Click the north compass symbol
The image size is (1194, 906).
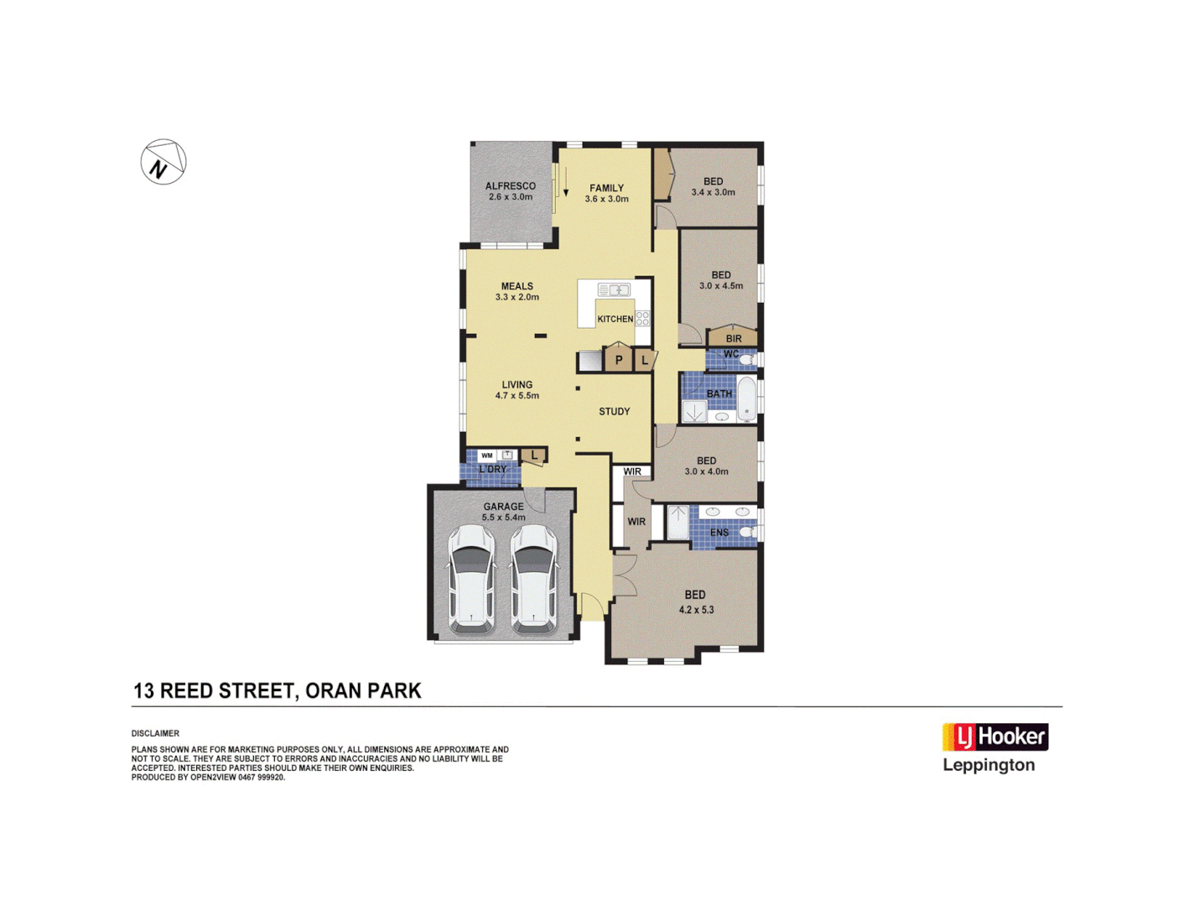pos(164,162)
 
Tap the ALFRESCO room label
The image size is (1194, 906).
pos(510,191)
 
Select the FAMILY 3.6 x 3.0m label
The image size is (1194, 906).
pos(606,194)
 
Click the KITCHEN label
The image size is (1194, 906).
pos(615,319)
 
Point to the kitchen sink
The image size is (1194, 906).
pos(613,290)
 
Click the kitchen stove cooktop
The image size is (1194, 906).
pos(642,318)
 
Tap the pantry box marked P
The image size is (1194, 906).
pos(619,360)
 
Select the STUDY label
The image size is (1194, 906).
pos(614,412)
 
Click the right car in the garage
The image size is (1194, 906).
pos(534,580)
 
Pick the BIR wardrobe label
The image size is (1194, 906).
pos(734,339)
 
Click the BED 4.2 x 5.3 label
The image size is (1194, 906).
pos(696,602)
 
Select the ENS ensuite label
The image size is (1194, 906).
pos(719,533)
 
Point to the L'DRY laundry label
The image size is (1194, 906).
pos(492,470)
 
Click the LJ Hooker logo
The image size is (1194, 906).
pos(995,737)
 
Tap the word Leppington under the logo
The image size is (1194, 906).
pos(989,765)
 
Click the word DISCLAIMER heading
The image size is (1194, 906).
pos(155,734)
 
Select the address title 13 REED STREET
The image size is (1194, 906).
pos(277,691)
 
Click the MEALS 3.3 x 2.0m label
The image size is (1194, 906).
pos(517,291)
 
